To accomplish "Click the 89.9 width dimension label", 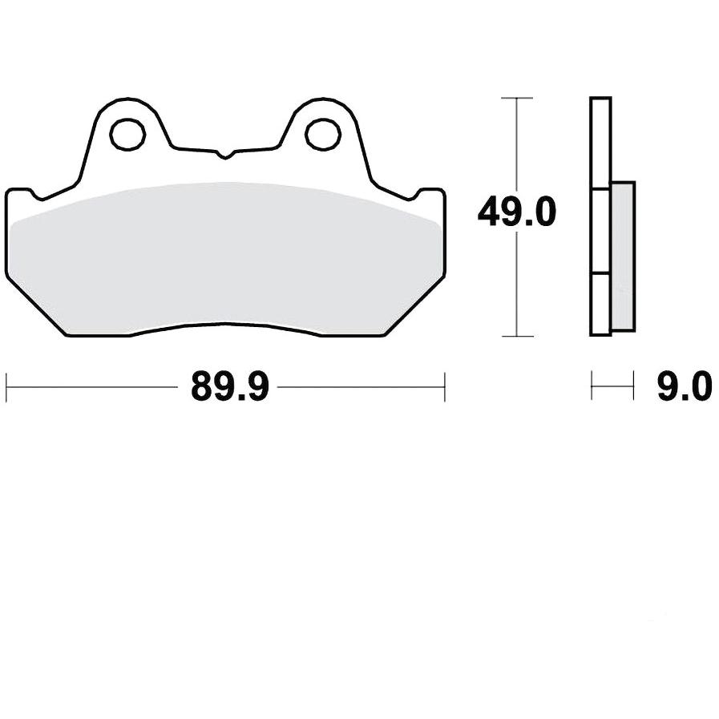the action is point(229,386).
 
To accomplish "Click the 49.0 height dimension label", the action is point(517,212).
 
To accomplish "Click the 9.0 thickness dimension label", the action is point(685,386).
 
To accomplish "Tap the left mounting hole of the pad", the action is point(128,134).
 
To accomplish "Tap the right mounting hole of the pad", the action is point(323,134).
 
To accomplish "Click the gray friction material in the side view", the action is point(623,256).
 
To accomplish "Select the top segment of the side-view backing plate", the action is point(601,143).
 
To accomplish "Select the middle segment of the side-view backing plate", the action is point(601,232).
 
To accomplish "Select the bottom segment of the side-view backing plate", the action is point(601,305).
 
